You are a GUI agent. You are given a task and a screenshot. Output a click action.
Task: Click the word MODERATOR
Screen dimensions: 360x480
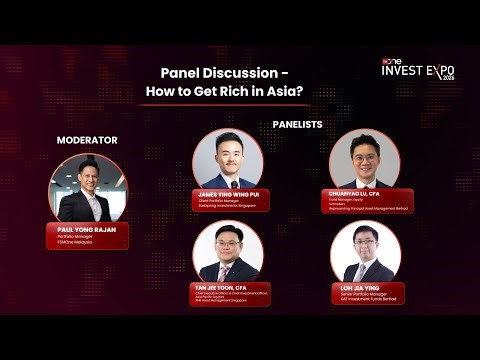pos(87,140)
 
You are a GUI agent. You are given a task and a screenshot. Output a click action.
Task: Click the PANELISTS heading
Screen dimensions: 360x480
pos(298,124)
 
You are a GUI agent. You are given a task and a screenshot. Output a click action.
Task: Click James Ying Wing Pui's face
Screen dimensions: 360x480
pos(227,152)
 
